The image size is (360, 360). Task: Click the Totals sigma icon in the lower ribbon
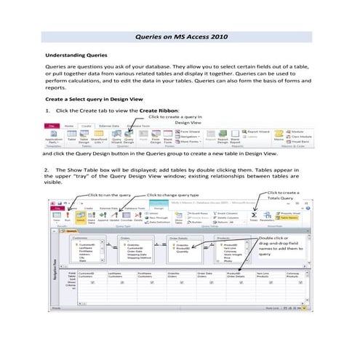point(254,216)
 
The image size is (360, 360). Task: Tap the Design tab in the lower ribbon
point(159,207)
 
